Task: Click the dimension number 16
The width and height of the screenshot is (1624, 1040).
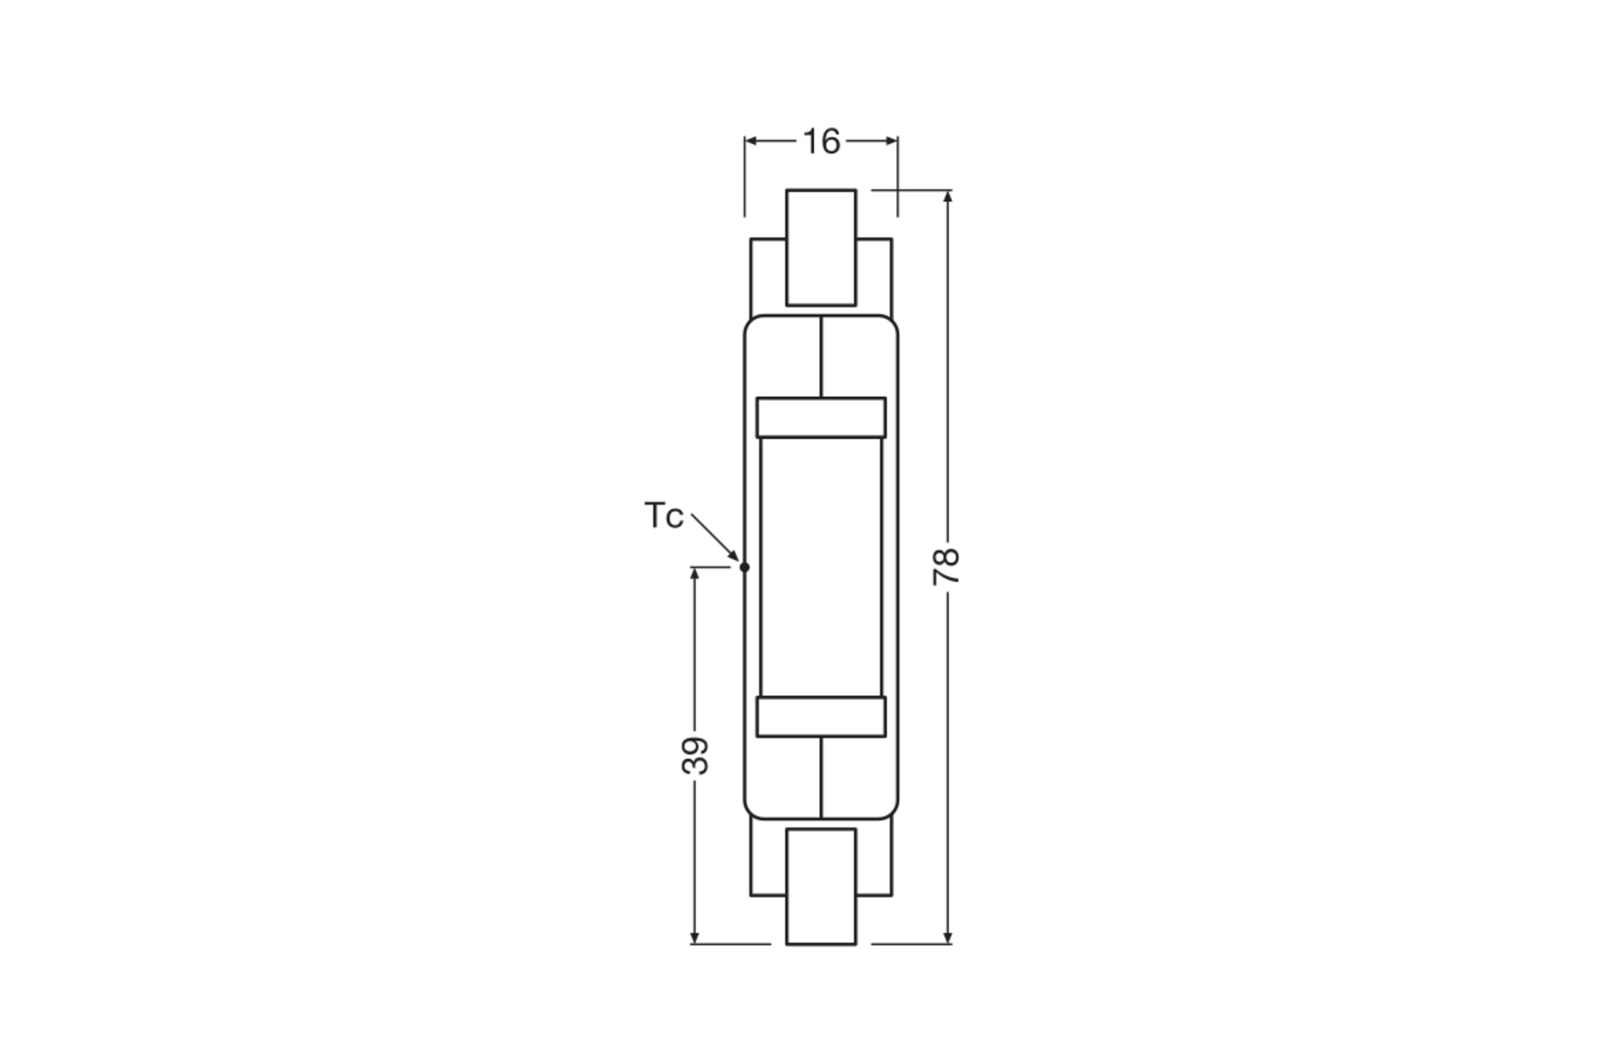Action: [821, 142]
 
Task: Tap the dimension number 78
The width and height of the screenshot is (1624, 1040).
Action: [946, 567]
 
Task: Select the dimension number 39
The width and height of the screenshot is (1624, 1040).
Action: [695, 756]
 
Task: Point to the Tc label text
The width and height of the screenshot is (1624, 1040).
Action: [663, 516]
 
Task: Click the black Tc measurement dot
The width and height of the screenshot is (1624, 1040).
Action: [744, 567]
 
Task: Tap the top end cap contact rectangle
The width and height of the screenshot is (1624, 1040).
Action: [821, 248]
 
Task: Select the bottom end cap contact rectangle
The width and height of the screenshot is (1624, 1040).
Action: [821, 887]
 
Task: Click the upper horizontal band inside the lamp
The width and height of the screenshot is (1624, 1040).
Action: [821, 417]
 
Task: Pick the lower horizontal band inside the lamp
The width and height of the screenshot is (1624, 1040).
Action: [821, 716]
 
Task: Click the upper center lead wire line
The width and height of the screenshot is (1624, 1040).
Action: [821, 357]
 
